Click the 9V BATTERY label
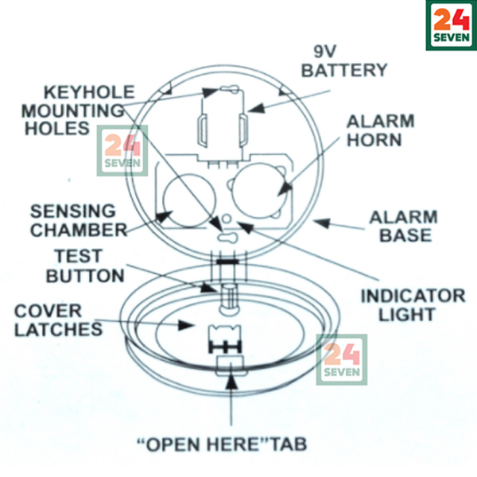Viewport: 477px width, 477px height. pos(344,60)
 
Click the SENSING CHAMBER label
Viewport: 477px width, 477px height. pos(79,221)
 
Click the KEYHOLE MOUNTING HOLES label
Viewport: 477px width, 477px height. pos(77,109)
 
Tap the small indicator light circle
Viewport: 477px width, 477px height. pos(228,218)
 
